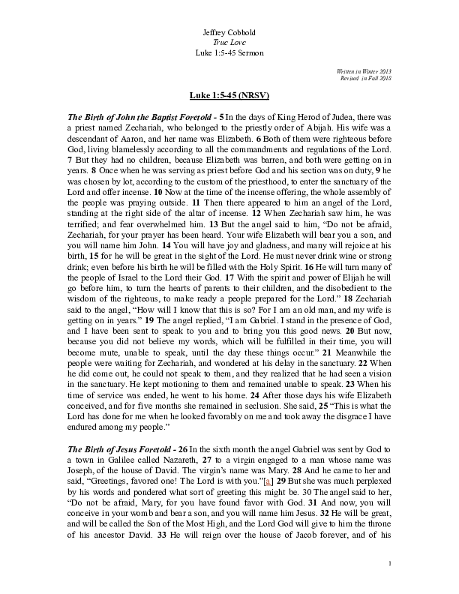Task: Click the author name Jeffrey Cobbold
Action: coord(229,33)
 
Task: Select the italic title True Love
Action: coord(229,43)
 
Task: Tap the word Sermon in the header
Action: coord(249,54)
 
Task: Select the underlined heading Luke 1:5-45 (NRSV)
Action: coord(229,97)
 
